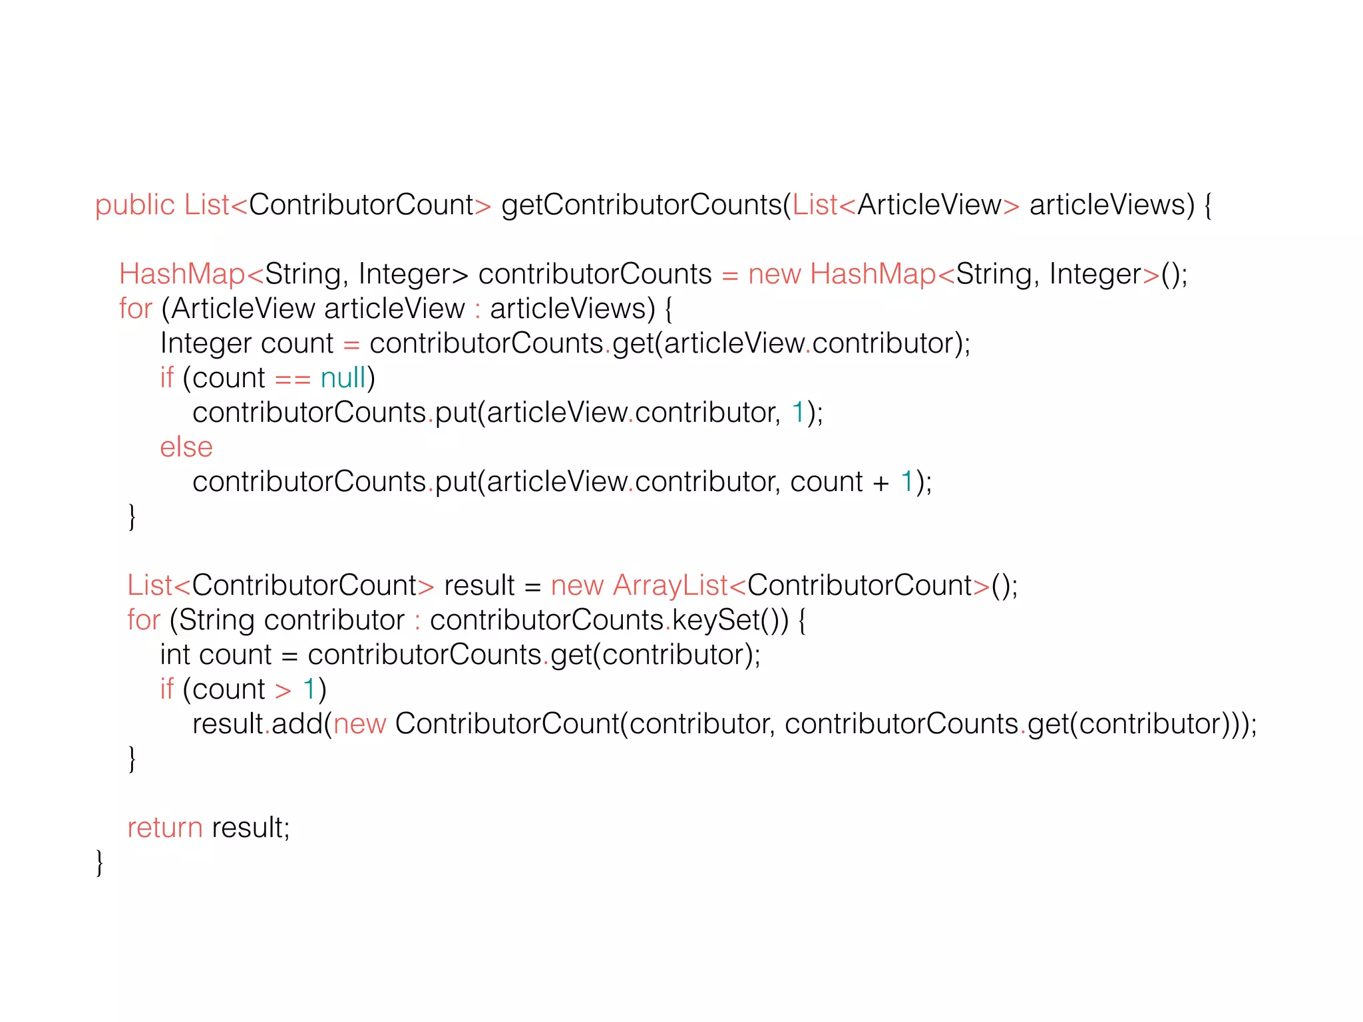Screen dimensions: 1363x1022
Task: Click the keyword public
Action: click(x=134, y=205)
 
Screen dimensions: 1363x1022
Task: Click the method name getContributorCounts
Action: click(x=642, y=205)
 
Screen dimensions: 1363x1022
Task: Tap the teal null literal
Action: click(x=343, y=378)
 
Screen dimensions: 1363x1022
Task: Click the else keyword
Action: click(x=186, y=447)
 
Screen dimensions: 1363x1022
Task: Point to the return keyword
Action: click(x=165, y=828)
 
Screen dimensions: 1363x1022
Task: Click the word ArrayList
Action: click(x=670, y=586)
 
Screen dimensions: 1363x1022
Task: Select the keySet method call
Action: click(x=716, y=620)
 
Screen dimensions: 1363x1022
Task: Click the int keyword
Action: click(x=175, y=655)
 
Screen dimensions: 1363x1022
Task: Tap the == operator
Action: click(x=293, y=379)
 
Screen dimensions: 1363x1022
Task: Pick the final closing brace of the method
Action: click(x=100, y=862)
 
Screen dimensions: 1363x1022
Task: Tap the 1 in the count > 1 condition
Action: click(x=309, y=689)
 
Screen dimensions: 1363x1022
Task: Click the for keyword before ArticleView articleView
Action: click(x=136, y=309)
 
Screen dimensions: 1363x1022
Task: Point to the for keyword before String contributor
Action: click(x=144, y=620)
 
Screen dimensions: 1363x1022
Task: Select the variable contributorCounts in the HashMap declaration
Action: click(x=595, y=274)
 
